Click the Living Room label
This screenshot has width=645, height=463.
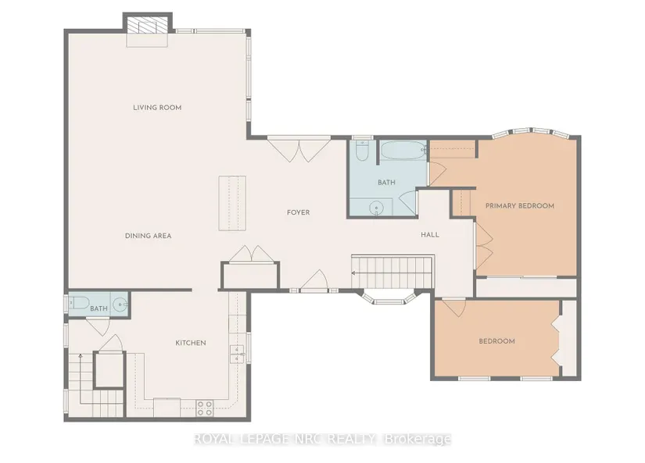point(157,108)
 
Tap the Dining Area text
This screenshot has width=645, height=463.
point(148,236)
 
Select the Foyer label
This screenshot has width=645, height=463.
point(298,212)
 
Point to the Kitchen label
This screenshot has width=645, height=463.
point(191,343)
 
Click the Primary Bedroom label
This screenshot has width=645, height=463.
point(520,206)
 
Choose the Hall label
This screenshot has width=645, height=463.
point(430,235)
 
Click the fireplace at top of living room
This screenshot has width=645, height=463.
point(147,27)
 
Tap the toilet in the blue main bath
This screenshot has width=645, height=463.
point(362,151)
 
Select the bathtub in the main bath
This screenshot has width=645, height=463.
point(403,151)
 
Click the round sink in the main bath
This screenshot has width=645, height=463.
point(376,208)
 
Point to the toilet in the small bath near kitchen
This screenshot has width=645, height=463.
point(80,303)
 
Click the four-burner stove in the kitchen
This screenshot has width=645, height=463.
point(204,408)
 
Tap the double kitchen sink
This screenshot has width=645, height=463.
point(237,354)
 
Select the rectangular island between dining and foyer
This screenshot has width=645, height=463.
point(232,203)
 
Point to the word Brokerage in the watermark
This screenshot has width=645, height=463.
point(417,439)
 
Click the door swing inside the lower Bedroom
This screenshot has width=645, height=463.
point(453,308)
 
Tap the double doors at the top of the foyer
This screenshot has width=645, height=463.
point(299,150)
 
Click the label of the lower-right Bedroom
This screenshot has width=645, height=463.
point(497,341)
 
